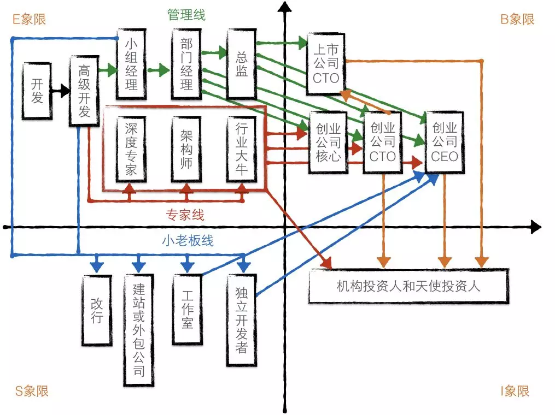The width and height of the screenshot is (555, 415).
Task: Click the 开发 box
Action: [37, 91]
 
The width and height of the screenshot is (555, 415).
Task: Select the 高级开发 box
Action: [84, 91]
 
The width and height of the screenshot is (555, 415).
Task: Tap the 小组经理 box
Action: [131, 64]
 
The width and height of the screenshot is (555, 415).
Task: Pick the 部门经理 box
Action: [186, 64]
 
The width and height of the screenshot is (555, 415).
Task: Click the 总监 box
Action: [242, 64]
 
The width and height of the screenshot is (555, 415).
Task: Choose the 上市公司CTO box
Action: [326, 64]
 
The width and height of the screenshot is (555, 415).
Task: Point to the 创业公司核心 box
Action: [328, 143]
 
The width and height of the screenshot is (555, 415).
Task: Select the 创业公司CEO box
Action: [445, 143]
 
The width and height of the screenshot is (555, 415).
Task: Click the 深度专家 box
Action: [131, 149]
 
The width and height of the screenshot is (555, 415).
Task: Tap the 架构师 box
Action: [186, 149]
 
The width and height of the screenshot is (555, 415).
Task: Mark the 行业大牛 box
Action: [242, 149]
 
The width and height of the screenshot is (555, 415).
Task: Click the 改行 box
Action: [97, 310]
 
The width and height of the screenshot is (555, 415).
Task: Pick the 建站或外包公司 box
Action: [139, 330]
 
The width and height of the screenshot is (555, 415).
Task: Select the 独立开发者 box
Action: [242, 320]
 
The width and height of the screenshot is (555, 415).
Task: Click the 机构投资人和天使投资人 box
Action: [409, 286]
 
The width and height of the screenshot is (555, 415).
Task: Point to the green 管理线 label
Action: [186, 15]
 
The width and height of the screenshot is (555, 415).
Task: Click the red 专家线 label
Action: [185, 215]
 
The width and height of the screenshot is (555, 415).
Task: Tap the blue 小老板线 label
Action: [188, 241]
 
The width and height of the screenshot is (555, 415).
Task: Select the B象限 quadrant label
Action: [517, 20]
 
